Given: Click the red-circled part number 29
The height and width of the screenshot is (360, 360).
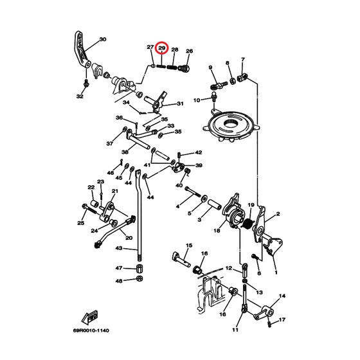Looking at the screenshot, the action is coord(162,48).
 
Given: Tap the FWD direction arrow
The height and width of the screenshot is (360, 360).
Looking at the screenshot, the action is coord(89,317).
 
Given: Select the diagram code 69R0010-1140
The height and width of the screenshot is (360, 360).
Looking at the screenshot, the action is coord(91,330).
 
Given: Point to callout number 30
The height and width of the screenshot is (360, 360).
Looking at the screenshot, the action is coord(103,39).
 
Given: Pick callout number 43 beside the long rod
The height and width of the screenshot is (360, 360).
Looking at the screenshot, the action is coord(119,248).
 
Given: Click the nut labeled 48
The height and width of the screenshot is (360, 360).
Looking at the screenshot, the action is coord(139,278).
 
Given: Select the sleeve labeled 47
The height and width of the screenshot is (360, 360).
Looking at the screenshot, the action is coord(139,268).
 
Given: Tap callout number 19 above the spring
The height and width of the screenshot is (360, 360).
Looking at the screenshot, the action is coord(251,204).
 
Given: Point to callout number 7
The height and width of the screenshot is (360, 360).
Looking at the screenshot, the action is coord(243,59).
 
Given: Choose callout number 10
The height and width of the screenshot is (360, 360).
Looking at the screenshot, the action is coord(197,100).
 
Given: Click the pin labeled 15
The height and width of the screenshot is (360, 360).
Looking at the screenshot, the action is coord(181,259).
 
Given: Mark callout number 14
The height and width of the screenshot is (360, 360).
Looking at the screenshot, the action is coord(282,296).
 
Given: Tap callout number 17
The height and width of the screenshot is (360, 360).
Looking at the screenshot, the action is coord(282,319).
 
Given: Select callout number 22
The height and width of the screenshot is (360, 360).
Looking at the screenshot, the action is coord(91,187).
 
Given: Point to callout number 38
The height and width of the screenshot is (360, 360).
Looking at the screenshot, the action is coord(125,152).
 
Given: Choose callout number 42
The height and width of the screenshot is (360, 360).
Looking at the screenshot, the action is coord(199,152).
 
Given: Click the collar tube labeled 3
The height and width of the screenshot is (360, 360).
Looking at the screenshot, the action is coord(215,204).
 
